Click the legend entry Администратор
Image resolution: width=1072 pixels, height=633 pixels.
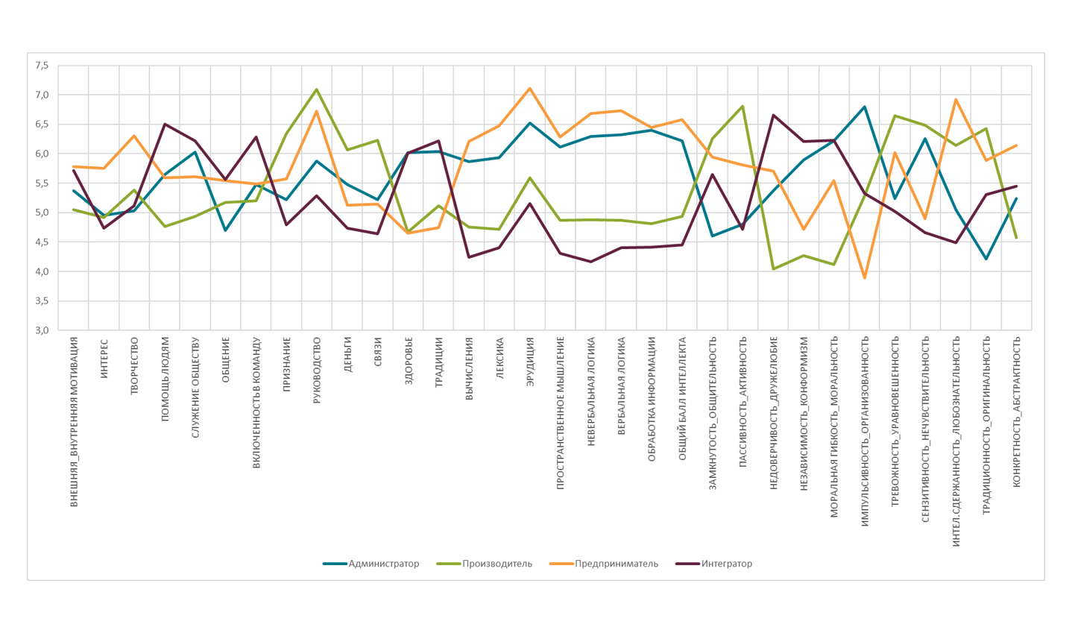[x=383, y=564]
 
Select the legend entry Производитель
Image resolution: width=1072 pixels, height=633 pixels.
[x=496, y=564]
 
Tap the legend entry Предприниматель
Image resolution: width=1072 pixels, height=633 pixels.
[x=616, y=564]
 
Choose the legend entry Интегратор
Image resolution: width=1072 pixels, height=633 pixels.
[x=726, y=564]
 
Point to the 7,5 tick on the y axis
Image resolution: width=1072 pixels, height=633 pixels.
[x=41, y=66]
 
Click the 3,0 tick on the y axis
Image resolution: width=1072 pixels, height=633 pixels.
[x=41, y=330]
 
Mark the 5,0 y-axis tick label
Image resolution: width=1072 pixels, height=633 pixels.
[x=41, y=212]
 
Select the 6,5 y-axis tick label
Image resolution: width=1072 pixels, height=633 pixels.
[x=41, y=125]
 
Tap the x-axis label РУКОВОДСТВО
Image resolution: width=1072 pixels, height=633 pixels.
[x=317, y=371]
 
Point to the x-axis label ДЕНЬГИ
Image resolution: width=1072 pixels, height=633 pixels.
[x=347, y=354]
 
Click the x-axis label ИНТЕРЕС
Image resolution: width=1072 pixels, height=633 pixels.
[x=104, y=358]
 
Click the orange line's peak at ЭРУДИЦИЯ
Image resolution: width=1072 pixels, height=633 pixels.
[x=530, y=88]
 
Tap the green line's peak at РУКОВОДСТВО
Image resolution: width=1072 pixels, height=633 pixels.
[x=317, y=89]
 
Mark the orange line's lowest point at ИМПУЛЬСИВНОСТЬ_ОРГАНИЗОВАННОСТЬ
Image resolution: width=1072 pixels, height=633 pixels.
[x=865, y=278]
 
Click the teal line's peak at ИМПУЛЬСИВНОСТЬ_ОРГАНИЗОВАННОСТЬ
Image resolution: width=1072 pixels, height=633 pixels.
[x=865, y=107]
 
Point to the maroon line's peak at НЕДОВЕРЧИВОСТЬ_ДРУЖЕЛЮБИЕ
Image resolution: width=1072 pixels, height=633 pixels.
[x=773, y=115]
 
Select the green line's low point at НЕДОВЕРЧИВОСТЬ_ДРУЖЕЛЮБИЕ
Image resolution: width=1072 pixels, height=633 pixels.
[x=773, y=268]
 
